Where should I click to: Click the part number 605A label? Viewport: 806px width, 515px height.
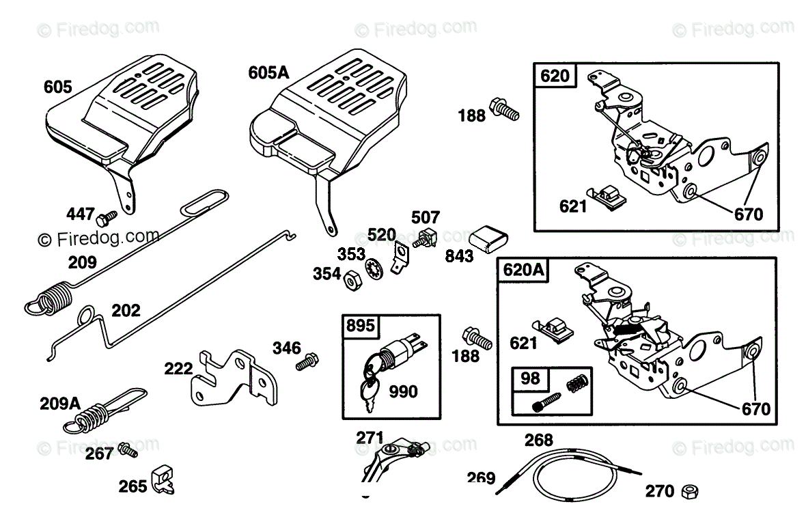click(269, 72)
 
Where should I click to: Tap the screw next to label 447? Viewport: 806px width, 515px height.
click(107, 218)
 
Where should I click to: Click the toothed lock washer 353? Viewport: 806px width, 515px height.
click(374, 268)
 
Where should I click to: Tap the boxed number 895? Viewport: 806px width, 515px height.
click(361, 325)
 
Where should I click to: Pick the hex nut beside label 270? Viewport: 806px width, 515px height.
click(690, 490)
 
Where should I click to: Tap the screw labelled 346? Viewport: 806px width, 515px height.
click(304, 361)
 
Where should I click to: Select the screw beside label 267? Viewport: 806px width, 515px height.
click(127, 449)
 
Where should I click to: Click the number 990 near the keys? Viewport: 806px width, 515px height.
click(403, 391)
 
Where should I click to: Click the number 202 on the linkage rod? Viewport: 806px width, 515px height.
click(126, 310)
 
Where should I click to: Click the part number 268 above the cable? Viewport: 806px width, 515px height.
click(538, 440)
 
